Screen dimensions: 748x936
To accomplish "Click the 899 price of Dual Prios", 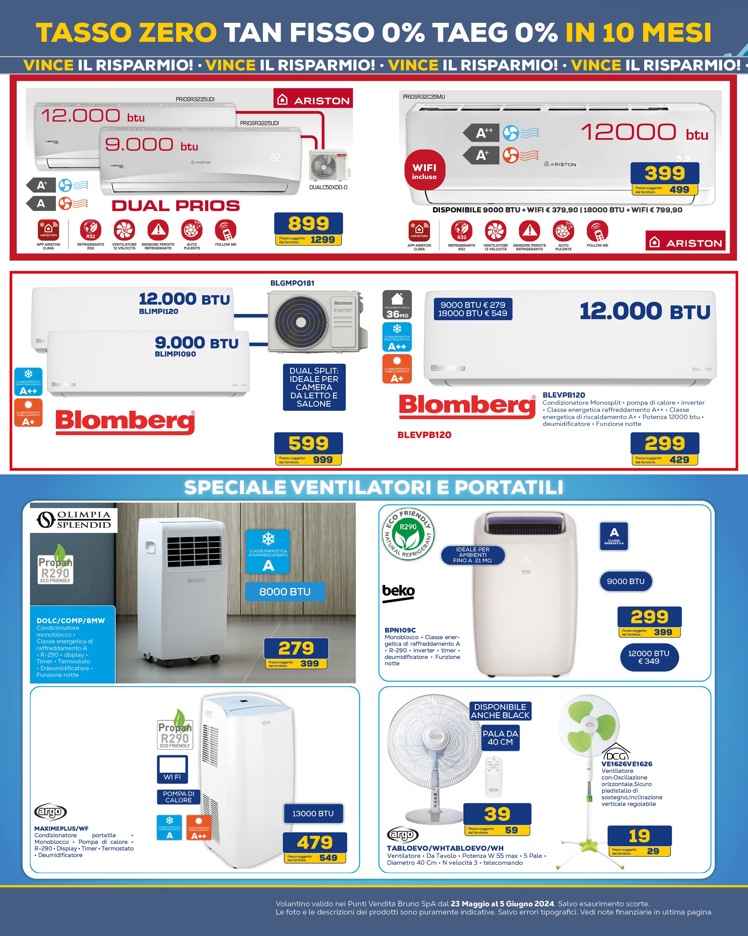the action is click(x=308, y=224).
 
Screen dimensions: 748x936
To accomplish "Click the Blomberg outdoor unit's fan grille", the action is click(x=301, y=321).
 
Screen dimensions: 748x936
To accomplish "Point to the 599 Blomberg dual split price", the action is click(x=308, y=443).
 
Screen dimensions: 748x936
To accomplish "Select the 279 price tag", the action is click(x=296, y=648).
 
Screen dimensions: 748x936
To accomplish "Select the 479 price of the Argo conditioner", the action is click(x=314, y=842).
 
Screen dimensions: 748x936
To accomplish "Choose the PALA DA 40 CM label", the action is click(x=501, y=738).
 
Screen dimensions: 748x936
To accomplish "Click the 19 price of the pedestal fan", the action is click(x=640, y=836).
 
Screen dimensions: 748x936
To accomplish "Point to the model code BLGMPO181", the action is click(x=292, y=283).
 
